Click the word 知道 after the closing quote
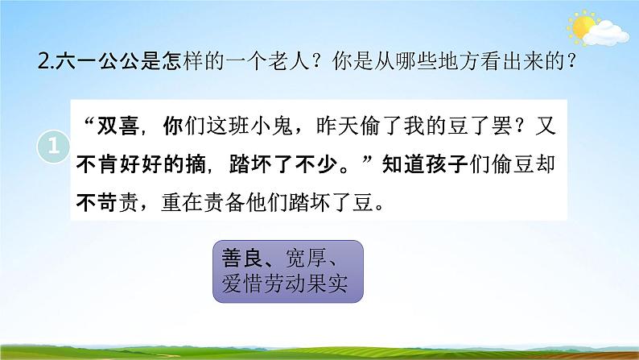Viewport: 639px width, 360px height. (414, 164)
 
